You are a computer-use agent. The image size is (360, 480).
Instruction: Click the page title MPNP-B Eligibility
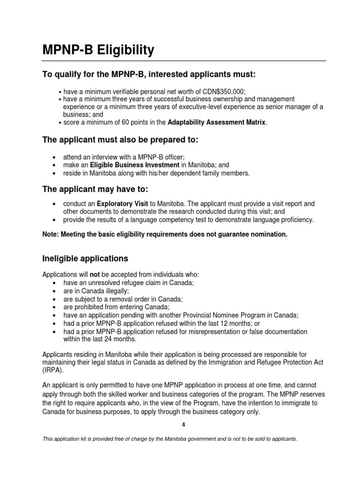98,50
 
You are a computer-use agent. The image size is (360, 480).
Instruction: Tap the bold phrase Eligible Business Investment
135,165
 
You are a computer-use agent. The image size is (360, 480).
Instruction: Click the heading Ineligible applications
85,258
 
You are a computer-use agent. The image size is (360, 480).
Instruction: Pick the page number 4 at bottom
184,425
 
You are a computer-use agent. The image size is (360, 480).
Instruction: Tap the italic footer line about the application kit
170,439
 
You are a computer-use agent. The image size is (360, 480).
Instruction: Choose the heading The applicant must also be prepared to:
121,140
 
